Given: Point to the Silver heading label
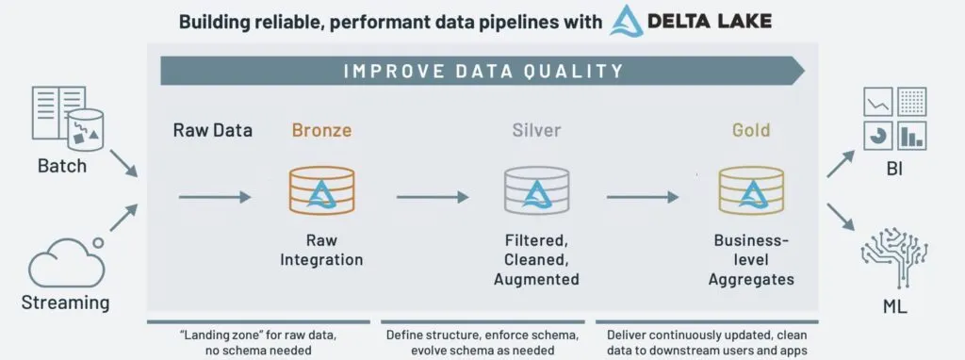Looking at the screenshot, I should tap(534, 129).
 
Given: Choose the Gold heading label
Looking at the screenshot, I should tap(750, 129).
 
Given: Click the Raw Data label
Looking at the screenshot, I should tap(212, 130).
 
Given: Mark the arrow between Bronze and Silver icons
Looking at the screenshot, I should tap(433, 196).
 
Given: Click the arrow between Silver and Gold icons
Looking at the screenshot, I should tap(643, 196).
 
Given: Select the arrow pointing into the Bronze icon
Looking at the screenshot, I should tap(215, 196).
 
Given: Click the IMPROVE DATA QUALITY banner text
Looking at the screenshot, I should tap(482, 71).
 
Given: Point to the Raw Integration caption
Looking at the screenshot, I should tap(320, 249).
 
